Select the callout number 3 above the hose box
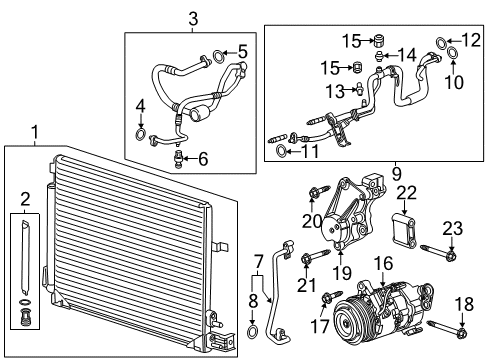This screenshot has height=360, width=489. click(x=193, y=17)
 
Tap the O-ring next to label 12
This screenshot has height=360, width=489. click(x=442, y=41)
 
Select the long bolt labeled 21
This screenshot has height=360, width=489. click(x=306, y=263)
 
